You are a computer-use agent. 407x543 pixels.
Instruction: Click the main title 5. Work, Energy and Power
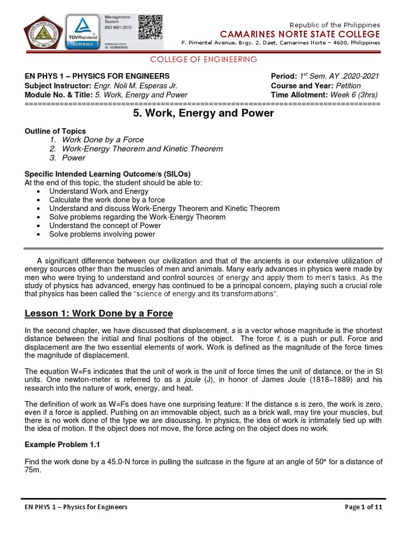click(x=203, y=113)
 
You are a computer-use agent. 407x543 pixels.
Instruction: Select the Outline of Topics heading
click(x=55, y=131)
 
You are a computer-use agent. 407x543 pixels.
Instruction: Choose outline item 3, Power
click(x=73, y=157)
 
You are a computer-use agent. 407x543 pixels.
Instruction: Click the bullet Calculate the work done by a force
click(x=107, y=200)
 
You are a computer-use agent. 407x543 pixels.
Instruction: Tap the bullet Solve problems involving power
click(x=102, y=234)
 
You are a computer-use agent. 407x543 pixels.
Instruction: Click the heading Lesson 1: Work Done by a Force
click(x=99, y=313)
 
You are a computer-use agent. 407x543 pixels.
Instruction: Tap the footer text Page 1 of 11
click(x=364, y=507)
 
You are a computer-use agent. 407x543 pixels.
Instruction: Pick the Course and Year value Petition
click(x=345, y=85)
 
